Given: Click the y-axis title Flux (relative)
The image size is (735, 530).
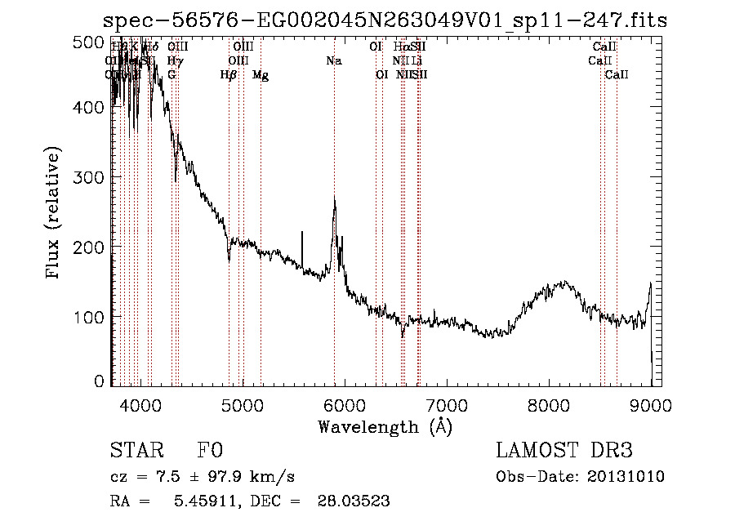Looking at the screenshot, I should (x=54, y=215).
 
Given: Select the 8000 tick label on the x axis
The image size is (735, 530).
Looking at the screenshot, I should (x=550, y=404).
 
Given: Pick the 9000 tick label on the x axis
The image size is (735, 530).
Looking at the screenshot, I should (x=651, y=404).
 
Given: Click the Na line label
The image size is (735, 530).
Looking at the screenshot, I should (x=333, y=60).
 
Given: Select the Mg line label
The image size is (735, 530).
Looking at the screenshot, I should (x=261, y=75).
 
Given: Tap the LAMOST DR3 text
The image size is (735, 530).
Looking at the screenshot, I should (x=563, y=451).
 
